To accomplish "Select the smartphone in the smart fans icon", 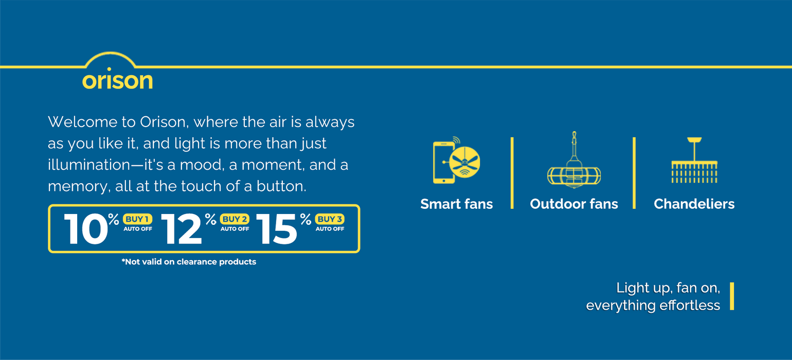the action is coord(443,163).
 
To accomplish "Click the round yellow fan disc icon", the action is coord(464,163).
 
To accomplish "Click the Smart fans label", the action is coord(457,204).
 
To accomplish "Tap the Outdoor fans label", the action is coord(574,204).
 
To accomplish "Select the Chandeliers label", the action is coord(694,204).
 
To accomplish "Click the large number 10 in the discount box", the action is coord(86,229).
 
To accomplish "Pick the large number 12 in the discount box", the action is coord(182,229).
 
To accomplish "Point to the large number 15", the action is coord(277,229).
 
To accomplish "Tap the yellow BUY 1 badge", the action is coord(137,219).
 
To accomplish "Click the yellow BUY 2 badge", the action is coord(235,219).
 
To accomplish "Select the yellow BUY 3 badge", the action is coord(330,219).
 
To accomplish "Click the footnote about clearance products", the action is coord(189,262).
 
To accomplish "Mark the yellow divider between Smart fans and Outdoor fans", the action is coord(512,173).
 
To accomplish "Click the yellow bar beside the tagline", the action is coord(732,296).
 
